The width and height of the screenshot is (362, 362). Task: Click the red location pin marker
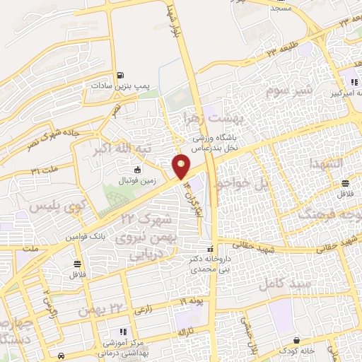tap(182, 165)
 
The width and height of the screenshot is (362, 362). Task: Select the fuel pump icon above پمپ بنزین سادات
tap(122, 75)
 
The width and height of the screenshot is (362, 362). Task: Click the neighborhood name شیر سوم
tap(288, 90)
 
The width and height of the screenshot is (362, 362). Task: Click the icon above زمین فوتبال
tap(136, 170)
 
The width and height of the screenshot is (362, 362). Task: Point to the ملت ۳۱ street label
tap(45, 170)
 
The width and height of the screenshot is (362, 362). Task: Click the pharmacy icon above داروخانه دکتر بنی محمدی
tap(210, 250)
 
